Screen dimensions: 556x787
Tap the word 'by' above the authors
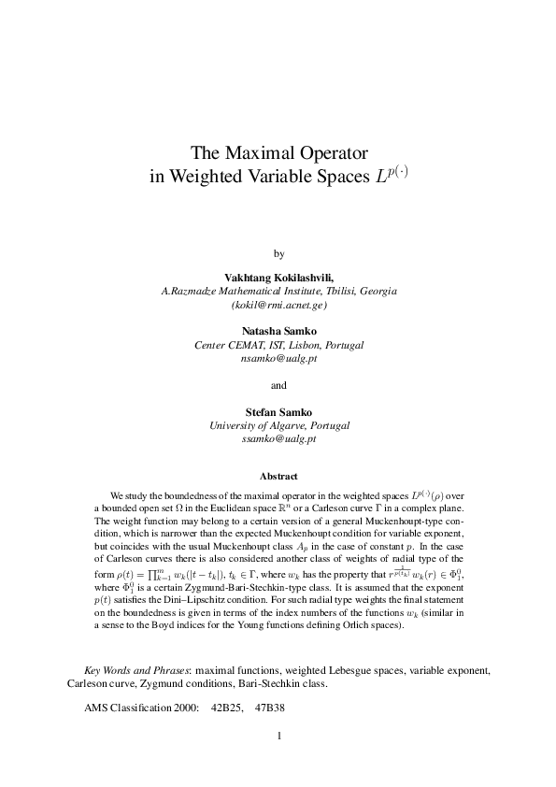(x=278, y=253)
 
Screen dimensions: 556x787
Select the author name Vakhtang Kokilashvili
(x=278, y=278)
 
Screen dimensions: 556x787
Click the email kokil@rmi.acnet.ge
(x=278, y=305)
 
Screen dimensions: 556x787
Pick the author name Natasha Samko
(x=278, y=331)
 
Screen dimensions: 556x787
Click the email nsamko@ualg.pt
(x=278, y=358)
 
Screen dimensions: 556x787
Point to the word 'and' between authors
(x=278, y=384)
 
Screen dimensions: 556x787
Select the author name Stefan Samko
(x=278, y=410)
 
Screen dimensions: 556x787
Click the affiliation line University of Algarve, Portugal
(x=278, y=424)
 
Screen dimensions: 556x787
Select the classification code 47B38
(x=269, y=707)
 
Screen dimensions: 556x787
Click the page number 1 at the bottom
(x=278, y=734)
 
